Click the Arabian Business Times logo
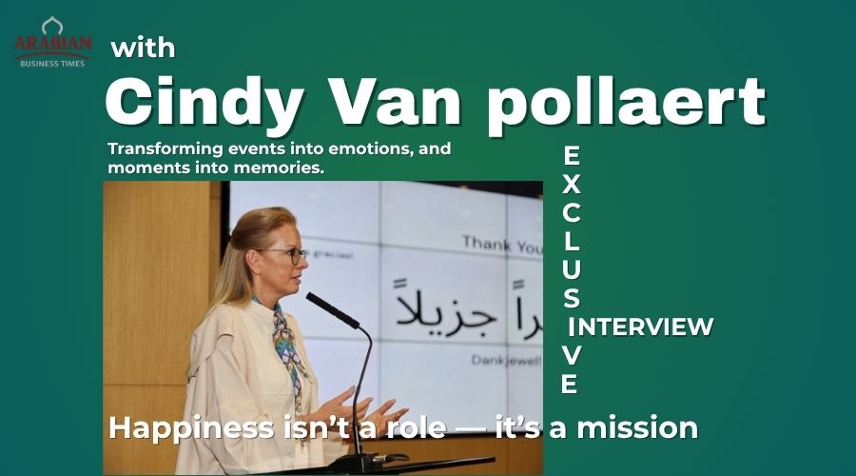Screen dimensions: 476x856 point(52,42)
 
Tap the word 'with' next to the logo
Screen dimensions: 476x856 point(143,48)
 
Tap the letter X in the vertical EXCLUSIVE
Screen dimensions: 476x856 point(570,184)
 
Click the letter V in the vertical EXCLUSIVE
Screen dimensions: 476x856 point(570,354)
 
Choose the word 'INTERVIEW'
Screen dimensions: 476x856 point(646,327)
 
